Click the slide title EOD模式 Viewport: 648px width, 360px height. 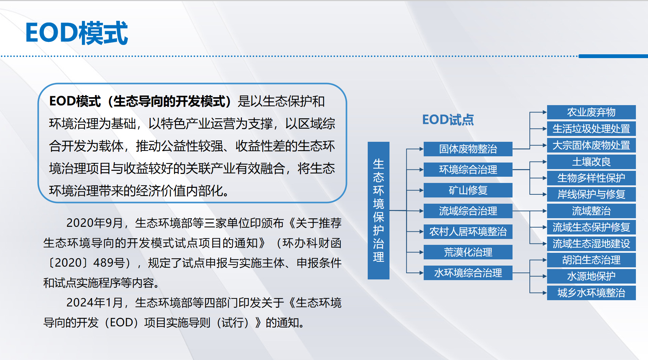77,33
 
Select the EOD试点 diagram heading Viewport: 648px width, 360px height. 448,120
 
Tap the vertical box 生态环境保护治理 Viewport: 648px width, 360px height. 378,210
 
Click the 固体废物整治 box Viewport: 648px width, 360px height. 468,149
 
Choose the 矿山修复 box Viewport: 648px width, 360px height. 468,190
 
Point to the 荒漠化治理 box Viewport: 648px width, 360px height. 468,252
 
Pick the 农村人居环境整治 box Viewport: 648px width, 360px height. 468,232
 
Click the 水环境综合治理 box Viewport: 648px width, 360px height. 468,273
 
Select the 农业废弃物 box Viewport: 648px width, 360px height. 591,112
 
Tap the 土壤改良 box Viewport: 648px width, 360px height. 591,161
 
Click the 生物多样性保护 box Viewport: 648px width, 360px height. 591,178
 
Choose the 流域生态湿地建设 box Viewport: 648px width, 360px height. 591,243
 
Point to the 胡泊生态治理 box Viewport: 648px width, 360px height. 591,260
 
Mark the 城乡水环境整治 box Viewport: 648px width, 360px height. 591,293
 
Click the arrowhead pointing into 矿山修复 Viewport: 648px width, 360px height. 421,190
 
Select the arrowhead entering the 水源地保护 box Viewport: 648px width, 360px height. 545,276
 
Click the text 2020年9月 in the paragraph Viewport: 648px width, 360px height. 94,223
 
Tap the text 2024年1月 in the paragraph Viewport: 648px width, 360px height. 94,303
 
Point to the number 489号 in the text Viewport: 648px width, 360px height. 109,263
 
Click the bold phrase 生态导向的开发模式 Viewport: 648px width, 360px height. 169,101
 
